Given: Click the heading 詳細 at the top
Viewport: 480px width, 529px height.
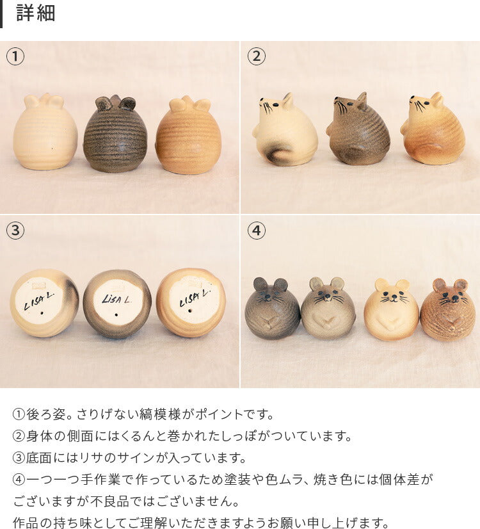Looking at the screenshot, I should pos(36,13).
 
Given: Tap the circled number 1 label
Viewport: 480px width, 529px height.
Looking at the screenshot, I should pos(15,56).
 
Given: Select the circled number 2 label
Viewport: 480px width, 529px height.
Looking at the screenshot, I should pos(256,56).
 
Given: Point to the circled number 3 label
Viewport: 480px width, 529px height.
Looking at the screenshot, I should pos(15,231).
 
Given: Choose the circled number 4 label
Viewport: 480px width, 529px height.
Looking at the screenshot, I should pos(256,231).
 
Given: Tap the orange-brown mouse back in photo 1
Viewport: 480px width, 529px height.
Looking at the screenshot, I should pos(188,136).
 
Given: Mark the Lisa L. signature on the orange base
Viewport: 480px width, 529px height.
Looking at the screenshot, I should pos(191,298).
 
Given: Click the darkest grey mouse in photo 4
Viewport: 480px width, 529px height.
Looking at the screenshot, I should pos(272,309).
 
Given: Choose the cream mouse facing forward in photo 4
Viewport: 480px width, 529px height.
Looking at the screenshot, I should pos(391,310).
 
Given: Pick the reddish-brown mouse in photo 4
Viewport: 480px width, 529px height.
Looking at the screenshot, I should pos(448,310).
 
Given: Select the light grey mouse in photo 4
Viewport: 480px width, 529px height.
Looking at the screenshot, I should pos(328,309).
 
